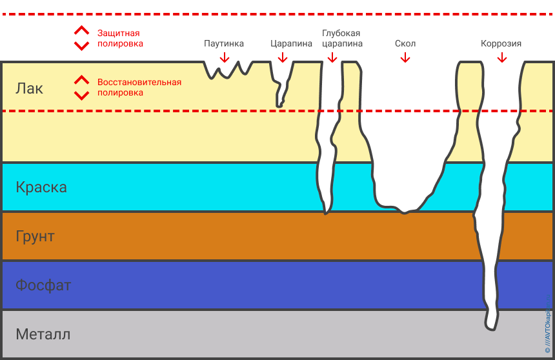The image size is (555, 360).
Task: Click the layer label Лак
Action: click(30, 88)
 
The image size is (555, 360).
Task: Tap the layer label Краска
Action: click(41, 188)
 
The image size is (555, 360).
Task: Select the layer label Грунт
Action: click(35, 236)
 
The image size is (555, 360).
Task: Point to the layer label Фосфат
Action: click(43, 285)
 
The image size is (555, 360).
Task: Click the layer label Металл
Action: click(43, 335)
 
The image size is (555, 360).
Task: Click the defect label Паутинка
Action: click(224, 44)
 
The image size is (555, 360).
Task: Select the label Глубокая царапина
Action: click(341, 39)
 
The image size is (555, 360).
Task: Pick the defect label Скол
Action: click(405, 44)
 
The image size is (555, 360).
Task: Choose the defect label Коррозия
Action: click(501, 44)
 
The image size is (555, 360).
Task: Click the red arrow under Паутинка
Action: click(224, 57)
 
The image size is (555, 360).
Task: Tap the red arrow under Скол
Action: click(405, 57)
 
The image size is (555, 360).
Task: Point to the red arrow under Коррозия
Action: click(501, 57)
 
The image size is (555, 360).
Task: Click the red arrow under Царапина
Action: click(282, 57)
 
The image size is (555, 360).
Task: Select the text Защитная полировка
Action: click(120, 38)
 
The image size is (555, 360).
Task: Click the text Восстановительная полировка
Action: click(139, 87)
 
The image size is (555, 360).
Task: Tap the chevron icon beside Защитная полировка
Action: click(81, 38)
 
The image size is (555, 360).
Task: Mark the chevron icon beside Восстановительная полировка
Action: click(81, 88)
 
